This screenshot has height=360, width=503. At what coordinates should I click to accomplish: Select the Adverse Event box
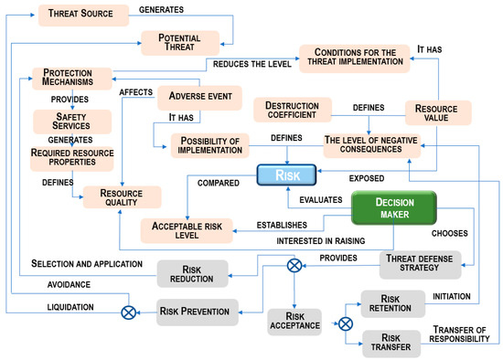199,98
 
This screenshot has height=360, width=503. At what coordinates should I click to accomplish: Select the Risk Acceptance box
294,321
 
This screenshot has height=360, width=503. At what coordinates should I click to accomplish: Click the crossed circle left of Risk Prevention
128,312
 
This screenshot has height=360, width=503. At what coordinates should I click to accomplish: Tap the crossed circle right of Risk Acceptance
344,322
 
